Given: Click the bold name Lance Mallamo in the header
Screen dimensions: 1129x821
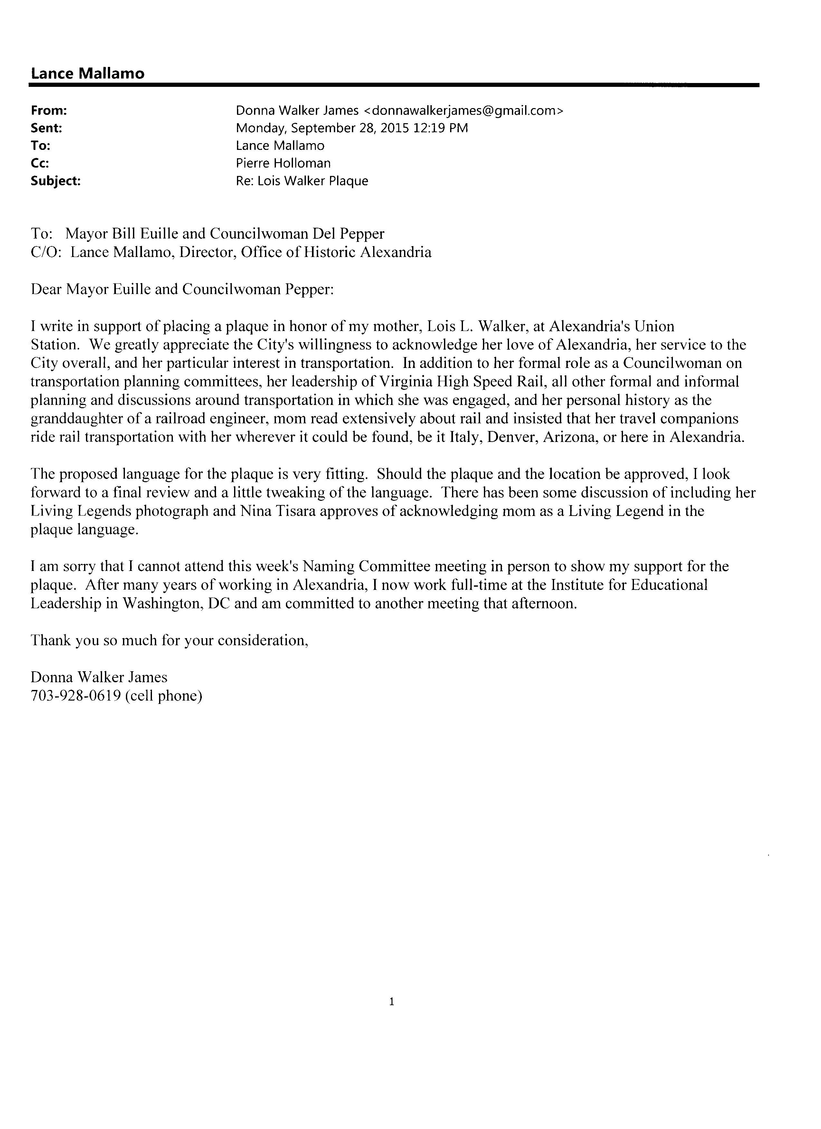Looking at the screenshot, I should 88,74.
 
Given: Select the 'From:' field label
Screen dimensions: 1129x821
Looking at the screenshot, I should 49,111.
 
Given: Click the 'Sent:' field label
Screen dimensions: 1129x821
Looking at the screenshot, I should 46,128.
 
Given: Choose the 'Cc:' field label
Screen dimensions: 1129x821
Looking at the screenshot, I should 40,163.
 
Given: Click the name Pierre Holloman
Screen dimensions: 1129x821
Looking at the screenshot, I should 283,163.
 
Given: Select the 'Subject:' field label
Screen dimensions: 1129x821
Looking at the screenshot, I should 55,181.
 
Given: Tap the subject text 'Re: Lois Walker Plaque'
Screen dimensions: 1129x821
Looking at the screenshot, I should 302,181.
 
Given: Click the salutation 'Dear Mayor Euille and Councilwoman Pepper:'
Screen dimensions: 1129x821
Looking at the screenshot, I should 182,289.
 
